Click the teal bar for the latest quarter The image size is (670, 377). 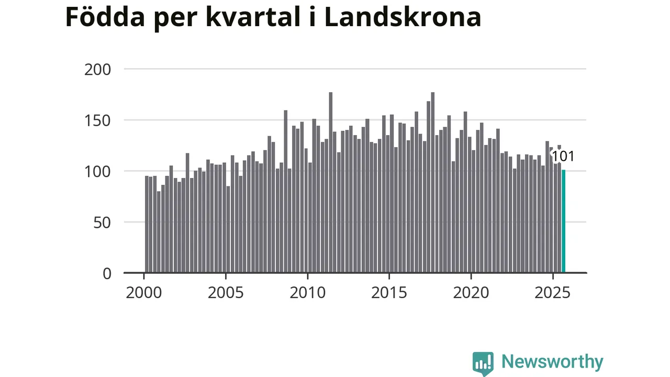pos(563,221)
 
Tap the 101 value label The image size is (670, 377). pos(563,156)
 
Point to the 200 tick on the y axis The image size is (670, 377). pos(98,69)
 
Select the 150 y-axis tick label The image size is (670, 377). pos(98,120)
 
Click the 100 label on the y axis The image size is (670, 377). pos(98,171)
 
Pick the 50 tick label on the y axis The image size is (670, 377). pos(103,222)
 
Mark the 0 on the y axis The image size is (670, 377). pos(107,273)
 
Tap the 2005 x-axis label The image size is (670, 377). pos(226,292)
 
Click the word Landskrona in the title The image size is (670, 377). pos(403,17)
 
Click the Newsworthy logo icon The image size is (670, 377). pos(483,363)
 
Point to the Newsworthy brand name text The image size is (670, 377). pos(552,362)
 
